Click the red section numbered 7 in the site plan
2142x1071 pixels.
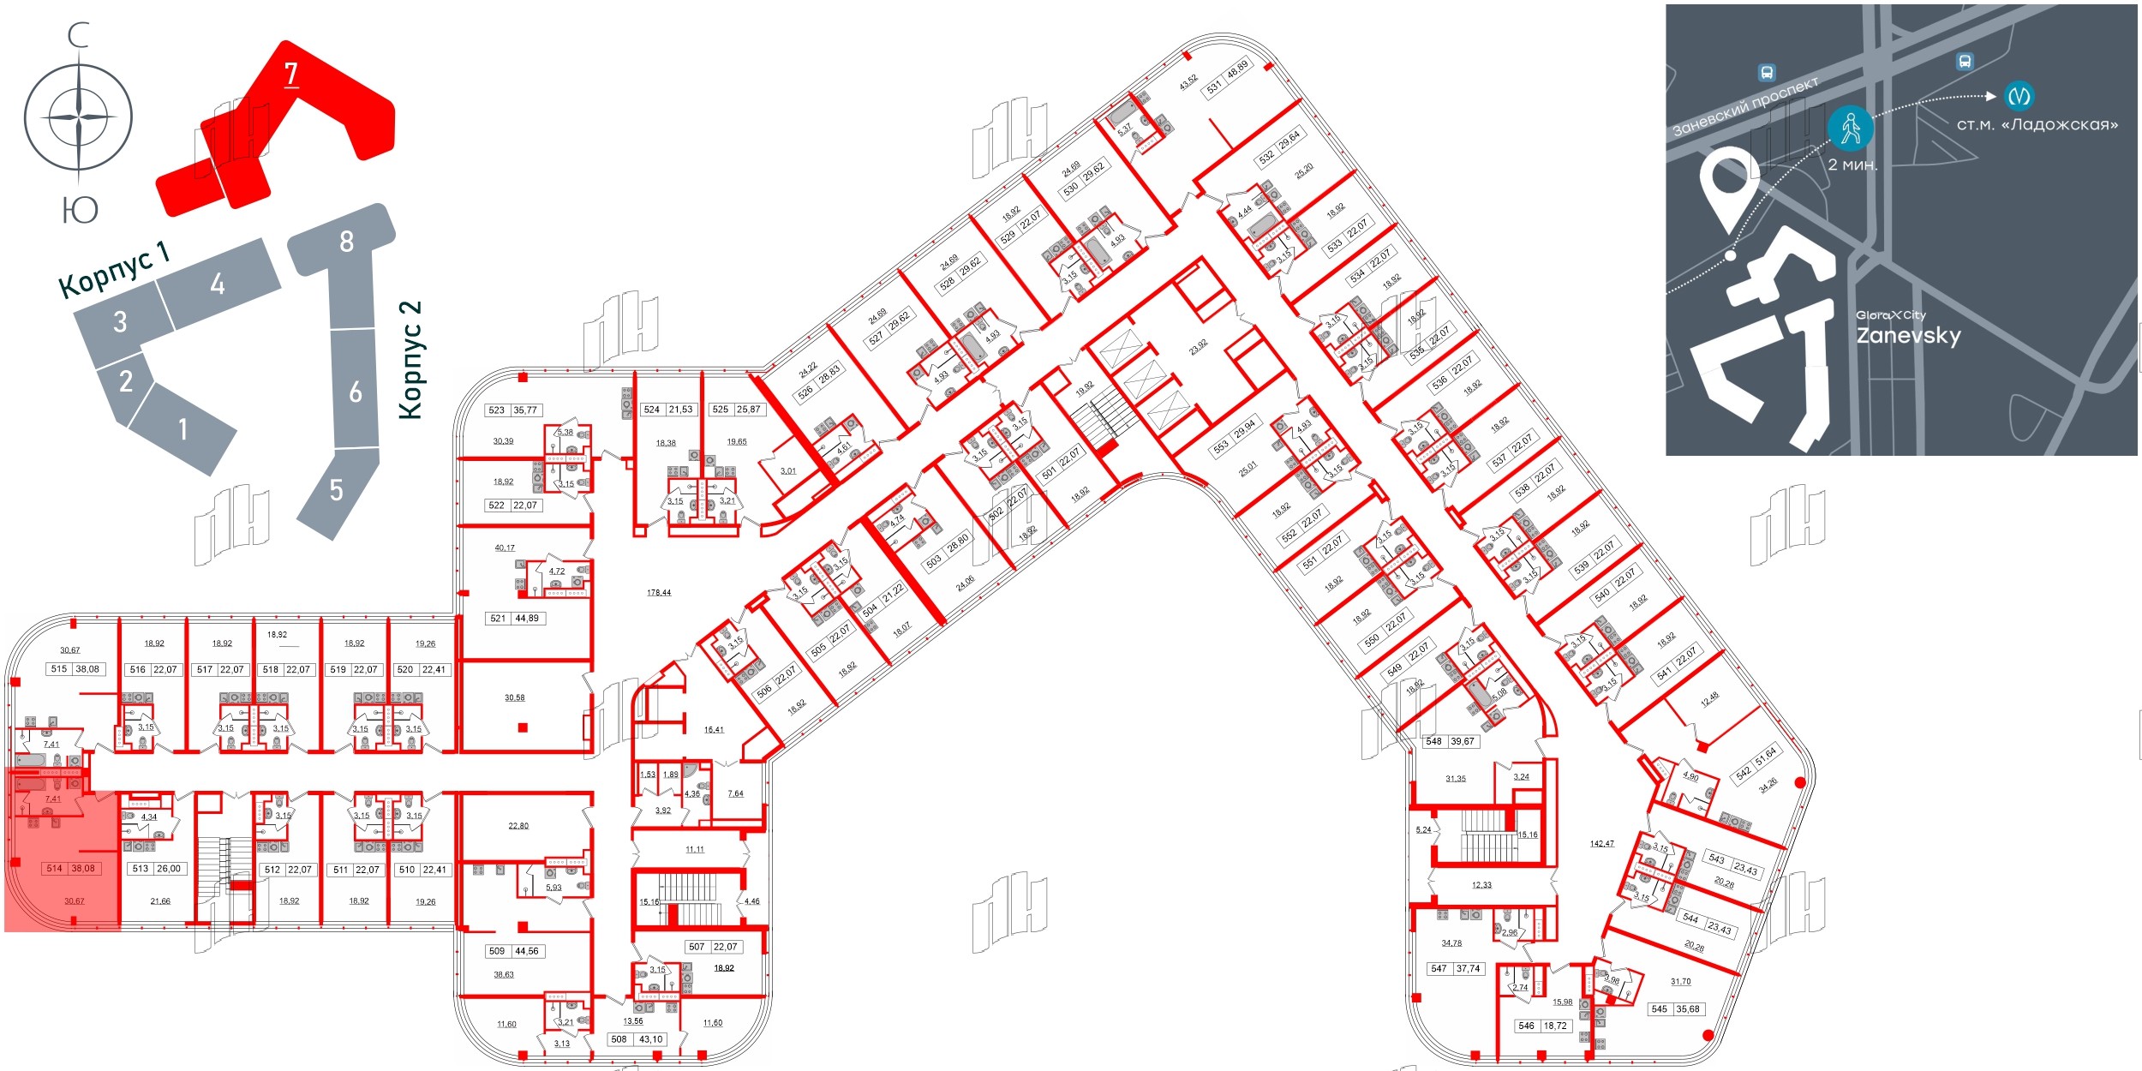tap(291, 75)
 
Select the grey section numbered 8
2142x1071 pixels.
tap(346, 242)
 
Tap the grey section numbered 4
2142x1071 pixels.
tap(218, 283)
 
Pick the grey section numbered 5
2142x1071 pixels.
tap(337, 490)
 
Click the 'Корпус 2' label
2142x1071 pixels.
tap(411, 360)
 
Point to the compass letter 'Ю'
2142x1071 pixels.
tap(80, 209)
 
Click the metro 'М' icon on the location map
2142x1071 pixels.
tap(2019, 95)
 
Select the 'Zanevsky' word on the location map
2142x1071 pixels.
tap(1908, 335)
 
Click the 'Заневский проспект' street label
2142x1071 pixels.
tap(1745, 107)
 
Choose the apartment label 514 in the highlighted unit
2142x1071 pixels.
tap(55, 868)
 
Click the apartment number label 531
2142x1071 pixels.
tap(1214, 87)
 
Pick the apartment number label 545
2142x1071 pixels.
tap(1660, 1008)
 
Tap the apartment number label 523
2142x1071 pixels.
tap(497, 410)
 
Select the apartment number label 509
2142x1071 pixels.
tap(497, 951)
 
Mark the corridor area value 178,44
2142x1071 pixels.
tap(659, 592)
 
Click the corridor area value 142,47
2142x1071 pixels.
tap(1601, 844)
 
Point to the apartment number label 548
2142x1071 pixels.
tap(1434, 741)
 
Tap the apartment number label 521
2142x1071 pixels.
tap(498, 618)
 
